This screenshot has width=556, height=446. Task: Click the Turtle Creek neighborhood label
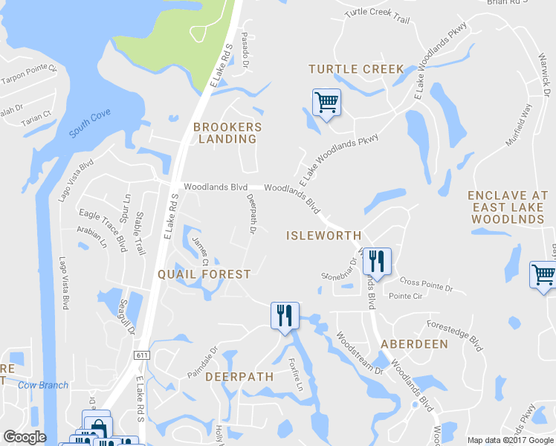pyautogui.click(x=356, y=69)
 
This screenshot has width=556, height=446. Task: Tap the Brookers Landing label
pyautogui.click(x=227, y=133)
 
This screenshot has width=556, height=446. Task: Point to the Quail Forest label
pyautogui.click(x=204, y=274)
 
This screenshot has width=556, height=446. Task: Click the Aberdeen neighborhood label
pyautogui.click(x=414, y=344)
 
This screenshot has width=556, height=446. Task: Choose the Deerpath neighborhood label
pyautogui.click(x=239, y=377)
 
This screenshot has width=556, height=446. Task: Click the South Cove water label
pyautogui.click(x=90, y=125)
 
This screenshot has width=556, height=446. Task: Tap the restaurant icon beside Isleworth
pyautogui.click(x=378, y=262)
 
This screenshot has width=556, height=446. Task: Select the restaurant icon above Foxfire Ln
pyautogui.click(x=285, y=316)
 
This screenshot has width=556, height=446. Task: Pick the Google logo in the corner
pyautogui.click(x=25, y=437)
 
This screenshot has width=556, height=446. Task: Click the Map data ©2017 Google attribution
pyautogui.click(x=510, y=440)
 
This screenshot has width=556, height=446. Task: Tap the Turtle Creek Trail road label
pyautogui.click(x=378, y=16)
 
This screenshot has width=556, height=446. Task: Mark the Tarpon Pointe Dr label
pyautogui.click(x=30, y=74)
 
